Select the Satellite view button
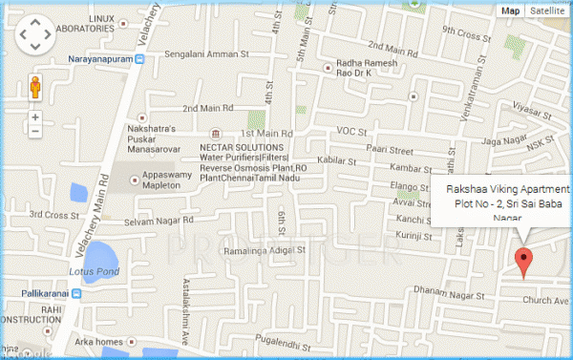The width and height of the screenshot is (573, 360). click(547, 11)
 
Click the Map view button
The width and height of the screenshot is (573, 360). click(511, 11)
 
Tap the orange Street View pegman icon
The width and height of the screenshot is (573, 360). click(35, 88)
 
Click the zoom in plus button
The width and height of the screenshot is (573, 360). click(35, 117)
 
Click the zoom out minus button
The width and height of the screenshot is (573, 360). click(35, 132)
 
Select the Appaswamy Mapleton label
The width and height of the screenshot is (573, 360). click(156, 181)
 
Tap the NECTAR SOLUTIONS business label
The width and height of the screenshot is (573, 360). click(241, 148)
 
